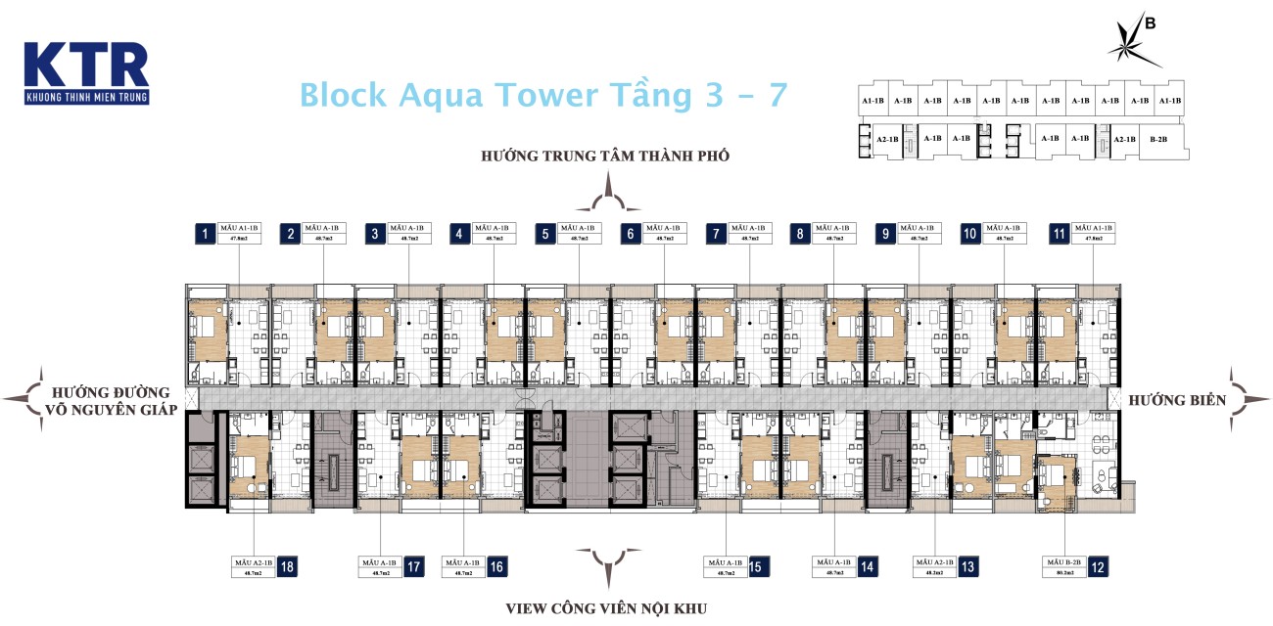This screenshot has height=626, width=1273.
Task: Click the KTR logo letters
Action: (x=85, y=65)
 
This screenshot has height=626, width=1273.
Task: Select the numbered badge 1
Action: (x=205, y=233)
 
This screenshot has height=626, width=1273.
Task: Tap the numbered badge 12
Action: (x=1099, y=566)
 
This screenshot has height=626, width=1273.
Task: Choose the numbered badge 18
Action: (x=288, y=566)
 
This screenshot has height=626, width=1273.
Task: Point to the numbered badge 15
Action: (x=756, y=566)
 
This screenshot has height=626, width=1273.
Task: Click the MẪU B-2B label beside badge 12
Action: (x=1063, y=566)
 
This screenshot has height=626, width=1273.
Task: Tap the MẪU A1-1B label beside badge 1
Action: (x=239, y=233)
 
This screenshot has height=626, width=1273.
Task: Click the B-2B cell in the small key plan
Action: (x=1157, y=139)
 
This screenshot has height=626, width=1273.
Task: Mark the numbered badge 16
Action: (x=496, y=566)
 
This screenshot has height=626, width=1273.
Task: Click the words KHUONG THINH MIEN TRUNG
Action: (x=85, y=97)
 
